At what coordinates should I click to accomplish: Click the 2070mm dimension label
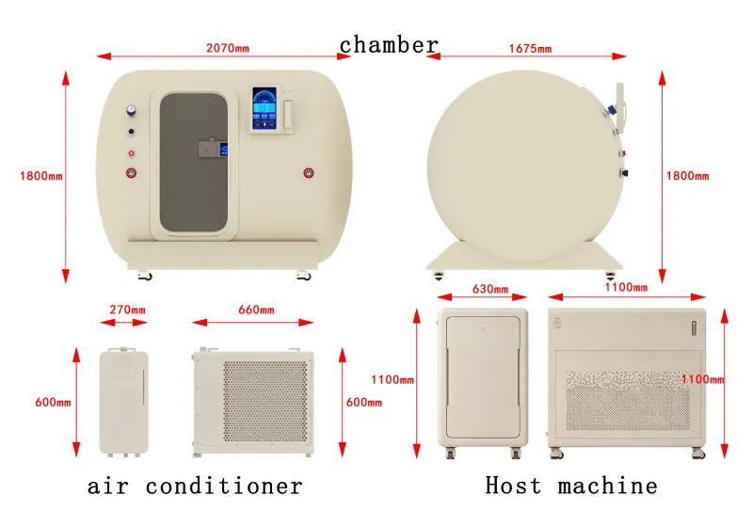click(228, 48)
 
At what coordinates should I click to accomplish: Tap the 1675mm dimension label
click(530, 49)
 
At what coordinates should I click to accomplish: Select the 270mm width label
click(127, 310)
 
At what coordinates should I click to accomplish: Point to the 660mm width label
click(256, 310)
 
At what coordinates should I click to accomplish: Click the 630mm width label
click(490, 289)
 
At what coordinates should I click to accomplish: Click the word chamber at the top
click(389, 45)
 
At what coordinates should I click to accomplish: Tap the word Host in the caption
click(513, 485)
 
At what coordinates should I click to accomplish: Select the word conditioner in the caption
click(224, 486)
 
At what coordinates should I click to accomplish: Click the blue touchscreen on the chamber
click(264, 108)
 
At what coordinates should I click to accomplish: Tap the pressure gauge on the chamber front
click(131, 111)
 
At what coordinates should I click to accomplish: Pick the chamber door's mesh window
click(194, 162)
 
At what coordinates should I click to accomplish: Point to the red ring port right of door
click(309, 173)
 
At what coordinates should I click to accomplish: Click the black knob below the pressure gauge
click(131, 132)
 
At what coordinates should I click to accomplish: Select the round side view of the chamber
click(525, 167)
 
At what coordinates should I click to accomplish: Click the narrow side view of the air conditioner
click(124, 402)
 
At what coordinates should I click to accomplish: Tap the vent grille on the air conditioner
click(265, 401)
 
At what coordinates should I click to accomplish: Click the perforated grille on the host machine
click(628, 400)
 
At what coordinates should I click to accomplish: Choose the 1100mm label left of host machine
click(393, 379)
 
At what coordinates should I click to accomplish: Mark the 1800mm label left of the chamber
click(41, 176)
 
